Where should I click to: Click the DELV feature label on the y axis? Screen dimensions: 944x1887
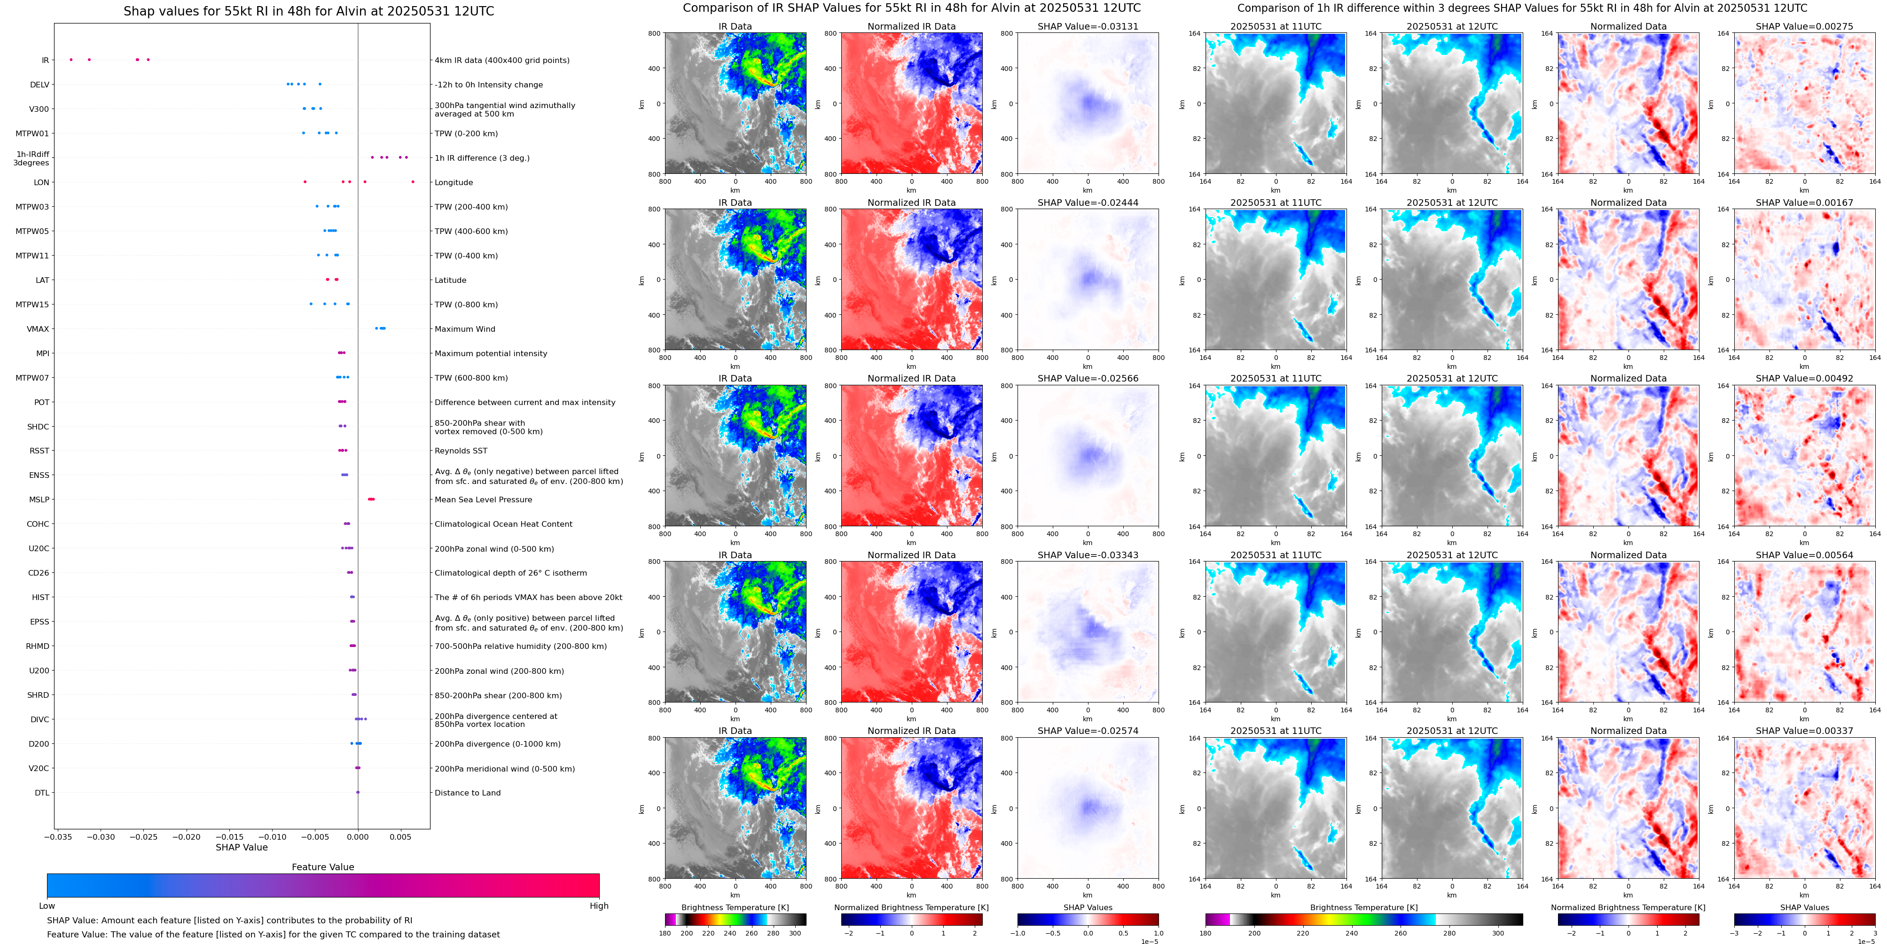[39, 85]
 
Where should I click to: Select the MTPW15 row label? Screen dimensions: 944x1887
[32, 304]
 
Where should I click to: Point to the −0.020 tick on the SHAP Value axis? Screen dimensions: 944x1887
[187, 837]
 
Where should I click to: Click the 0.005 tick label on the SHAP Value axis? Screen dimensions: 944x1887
[400, 837]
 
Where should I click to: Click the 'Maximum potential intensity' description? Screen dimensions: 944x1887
[491, 354]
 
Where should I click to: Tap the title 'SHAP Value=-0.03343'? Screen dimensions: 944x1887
[1088, 555]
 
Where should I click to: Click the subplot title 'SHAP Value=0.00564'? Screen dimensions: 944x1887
[1804, 555]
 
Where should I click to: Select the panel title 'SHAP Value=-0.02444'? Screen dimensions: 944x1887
[1088, 203]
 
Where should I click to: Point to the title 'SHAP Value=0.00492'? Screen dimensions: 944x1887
[1804, 379]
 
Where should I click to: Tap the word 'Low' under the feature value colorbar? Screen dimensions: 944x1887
[47, 906]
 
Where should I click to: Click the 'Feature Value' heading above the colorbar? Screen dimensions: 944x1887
[322, 867]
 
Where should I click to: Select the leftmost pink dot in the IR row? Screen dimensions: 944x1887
[71, 59]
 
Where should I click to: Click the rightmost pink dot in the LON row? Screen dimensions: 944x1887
[413, 182]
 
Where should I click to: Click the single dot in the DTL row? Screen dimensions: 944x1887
[358, 792]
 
